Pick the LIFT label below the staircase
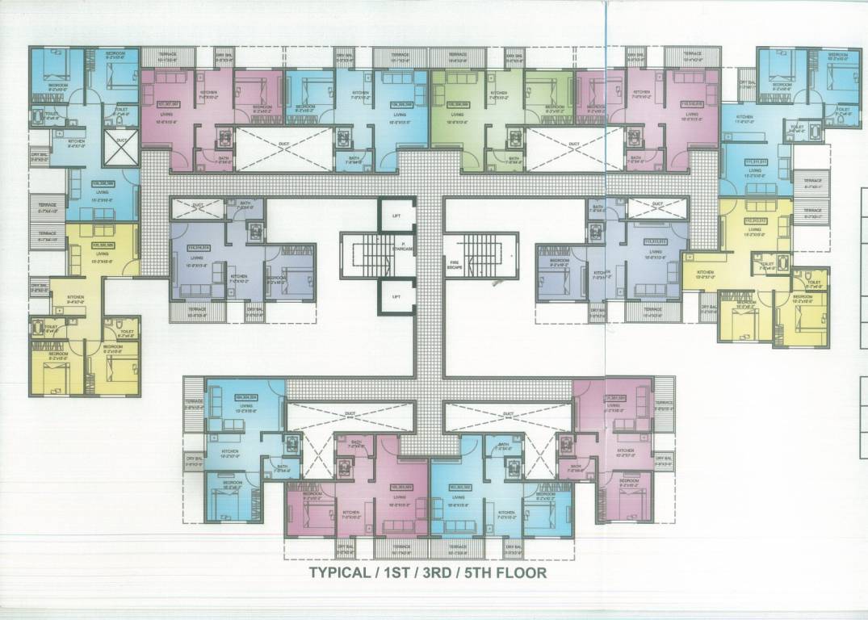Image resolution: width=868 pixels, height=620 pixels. (396, 296)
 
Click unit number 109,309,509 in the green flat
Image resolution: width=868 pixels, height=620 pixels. (459, 104)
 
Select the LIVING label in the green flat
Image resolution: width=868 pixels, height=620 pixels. (459, 118)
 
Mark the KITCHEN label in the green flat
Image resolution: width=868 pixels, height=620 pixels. (498, 94)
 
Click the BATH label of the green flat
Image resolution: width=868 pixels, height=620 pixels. (512, 158)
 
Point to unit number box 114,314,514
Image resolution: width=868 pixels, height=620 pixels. (198, 248)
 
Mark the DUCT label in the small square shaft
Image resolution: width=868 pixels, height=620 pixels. (121, 140)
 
